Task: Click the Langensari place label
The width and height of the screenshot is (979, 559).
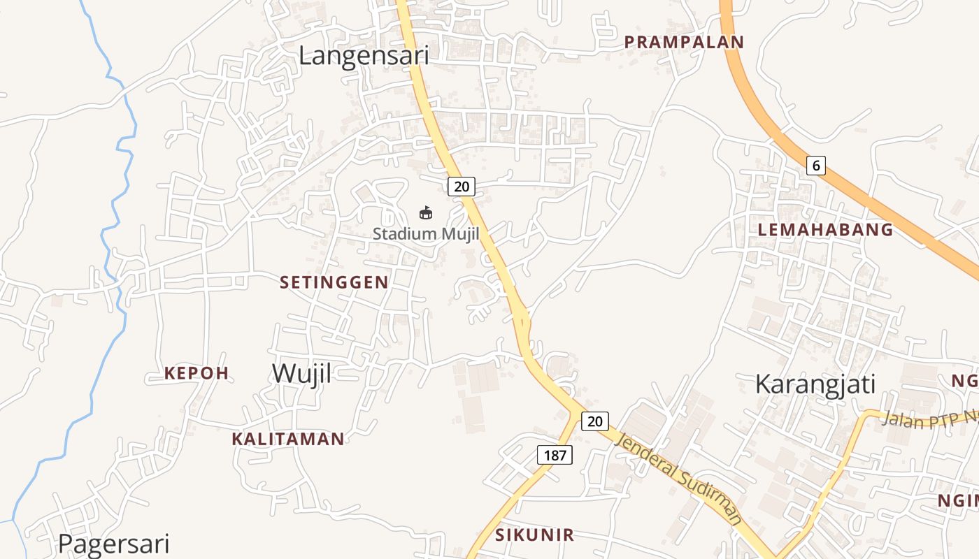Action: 363,56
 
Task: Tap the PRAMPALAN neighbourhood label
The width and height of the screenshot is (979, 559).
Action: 684,42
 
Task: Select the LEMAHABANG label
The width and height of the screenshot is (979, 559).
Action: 826,229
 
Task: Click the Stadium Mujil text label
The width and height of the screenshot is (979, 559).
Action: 426,233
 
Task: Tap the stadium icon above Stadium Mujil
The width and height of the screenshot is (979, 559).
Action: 425,212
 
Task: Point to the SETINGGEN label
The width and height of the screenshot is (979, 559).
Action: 334,282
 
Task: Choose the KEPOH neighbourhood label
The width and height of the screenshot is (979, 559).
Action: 196,373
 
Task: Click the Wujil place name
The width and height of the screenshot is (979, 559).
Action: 302,373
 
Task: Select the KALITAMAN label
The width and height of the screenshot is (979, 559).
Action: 288,439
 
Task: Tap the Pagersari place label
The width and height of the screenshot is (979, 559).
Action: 113,543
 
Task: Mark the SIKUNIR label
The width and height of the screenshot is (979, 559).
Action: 535,535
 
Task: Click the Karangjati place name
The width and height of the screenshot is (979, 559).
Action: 815,384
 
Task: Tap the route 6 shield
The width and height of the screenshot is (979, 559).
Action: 815,166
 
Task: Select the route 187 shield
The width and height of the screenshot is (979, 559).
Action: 555,455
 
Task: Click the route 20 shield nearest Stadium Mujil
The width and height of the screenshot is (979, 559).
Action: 461,186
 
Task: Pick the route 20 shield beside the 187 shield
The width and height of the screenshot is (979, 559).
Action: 594,421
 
